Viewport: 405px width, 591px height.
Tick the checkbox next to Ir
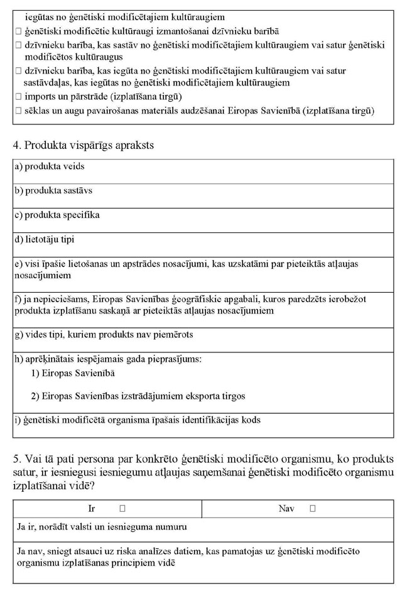pyautogui.click(x=122, y=508)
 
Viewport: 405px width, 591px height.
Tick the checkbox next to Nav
pyautogui.click(x=312, y=508)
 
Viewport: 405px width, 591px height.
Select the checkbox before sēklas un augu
pyautogui.click(x=18, y=111)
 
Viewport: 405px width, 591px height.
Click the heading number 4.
pyautogui.click(x=16, y=146)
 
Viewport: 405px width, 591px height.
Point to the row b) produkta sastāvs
pyautogui.click(x=53, y=190)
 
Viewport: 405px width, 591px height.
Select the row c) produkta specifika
pyautogui.click(x=57, y=215)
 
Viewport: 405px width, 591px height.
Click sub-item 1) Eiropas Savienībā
pyautogui.click(x=73, y=373)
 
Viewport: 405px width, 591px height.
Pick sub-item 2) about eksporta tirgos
pyautogui.click(x=138, y=396)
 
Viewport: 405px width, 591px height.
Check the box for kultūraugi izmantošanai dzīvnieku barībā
pyautogui.click(x=18, y=31)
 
